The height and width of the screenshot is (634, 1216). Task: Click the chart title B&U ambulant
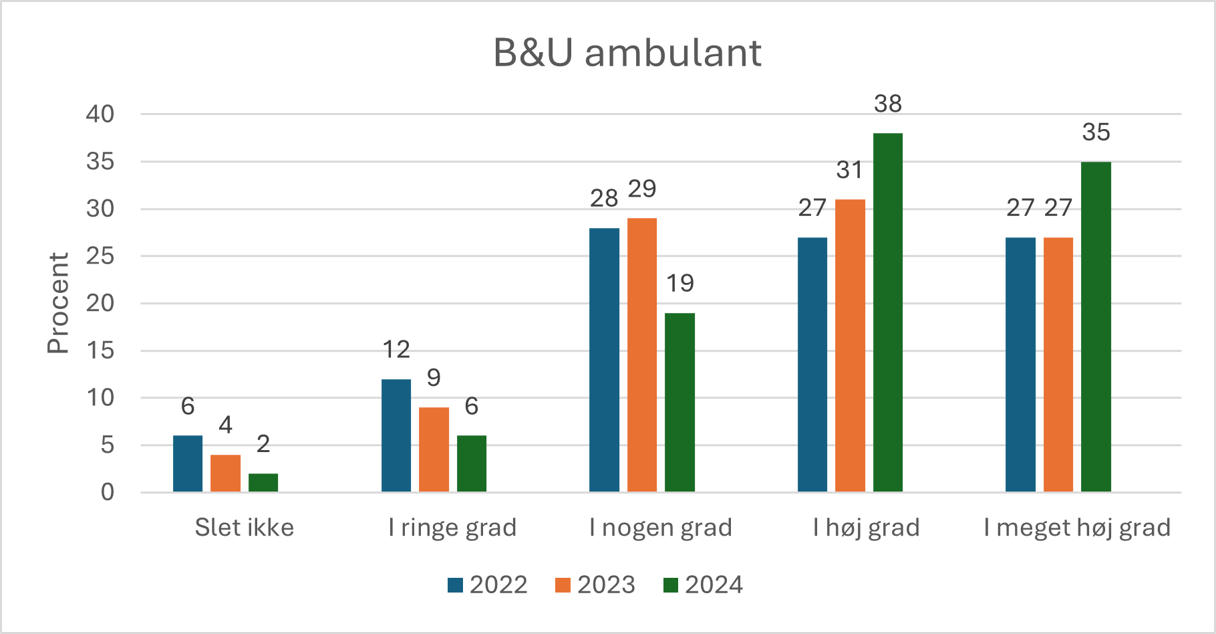[627, 53]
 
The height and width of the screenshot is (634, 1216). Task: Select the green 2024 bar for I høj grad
[887, 312]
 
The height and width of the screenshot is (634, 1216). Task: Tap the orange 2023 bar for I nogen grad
[641, 355]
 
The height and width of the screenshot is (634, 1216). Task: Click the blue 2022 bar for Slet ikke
[188, 463]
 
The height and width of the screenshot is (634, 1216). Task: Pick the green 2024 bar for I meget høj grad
[1096, 326]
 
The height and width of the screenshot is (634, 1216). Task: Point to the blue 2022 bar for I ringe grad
[396, 435]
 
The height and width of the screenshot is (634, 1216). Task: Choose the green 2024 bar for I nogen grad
[679, 402]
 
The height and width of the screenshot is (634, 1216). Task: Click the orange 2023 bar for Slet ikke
[225, 473]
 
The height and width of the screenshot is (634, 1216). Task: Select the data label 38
[887, 104]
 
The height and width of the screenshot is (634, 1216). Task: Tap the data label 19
[679, 284]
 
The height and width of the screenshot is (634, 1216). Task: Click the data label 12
[396, 349]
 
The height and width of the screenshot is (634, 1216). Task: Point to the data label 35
[1096, 132]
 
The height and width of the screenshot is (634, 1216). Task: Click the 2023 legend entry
[595, 585]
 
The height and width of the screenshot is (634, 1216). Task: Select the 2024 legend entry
[703, 585]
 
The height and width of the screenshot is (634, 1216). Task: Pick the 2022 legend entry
[488, 585]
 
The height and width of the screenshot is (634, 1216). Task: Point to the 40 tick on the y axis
[100, 114]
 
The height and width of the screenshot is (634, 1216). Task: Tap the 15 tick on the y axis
[100, 350]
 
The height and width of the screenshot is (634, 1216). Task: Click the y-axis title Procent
[58, 303]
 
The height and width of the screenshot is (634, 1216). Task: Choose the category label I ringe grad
[452, 528]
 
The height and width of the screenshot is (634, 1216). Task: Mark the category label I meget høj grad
[1077, 528]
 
